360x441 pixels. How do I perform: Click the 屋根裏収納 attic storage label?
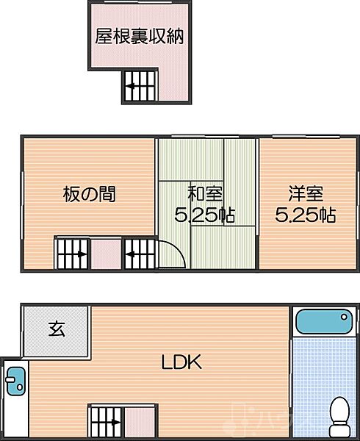(139, 36)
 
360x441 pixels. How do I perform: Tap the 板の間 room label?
(89, 194)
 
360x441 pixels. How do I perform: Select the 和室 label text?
(205, 193)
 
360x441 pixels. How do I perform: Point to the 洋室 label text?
(306, 193)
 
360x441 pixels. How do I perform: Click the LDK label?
(181, 362)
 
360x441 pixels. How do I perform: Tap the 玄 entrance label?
(57, 329)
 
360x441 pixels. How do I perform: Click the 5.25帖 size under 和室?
(204, 215)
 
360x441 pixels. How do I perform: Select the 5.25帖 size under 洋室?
(305, 215)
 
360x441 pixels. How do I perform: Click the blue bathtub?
(324, 321)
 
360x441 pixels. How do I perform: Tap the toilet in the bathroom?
(339, 417)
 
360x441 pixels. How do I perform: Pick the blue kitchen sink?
(15, 381)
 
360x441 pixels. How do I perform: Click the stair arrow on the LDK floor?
(108, 422)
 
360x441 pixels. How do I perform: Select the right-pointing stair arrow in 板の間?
(73, 254)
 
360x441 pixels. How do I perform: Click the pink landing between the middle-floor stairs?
(106, 254)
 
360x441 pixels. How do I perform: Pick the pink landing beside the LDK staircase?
(140, 422)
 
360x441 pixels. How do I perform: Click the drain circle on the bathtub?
(344, 317)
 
